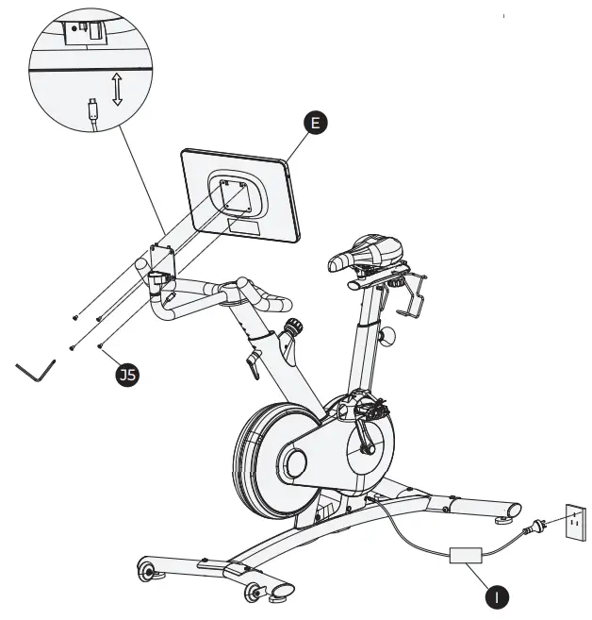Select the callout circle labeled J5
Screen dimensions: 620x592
[125, 376]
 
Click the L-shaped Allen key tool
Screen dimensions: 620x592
[37, 371]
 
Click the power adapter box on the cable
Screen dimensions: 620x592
[466, 556]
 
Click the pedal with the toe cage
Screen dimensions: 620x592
[370, 409]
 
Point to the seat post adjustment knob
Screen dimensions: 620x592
[387, 334]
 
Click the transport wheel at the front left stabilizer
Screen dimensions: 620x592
[147, 571]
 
